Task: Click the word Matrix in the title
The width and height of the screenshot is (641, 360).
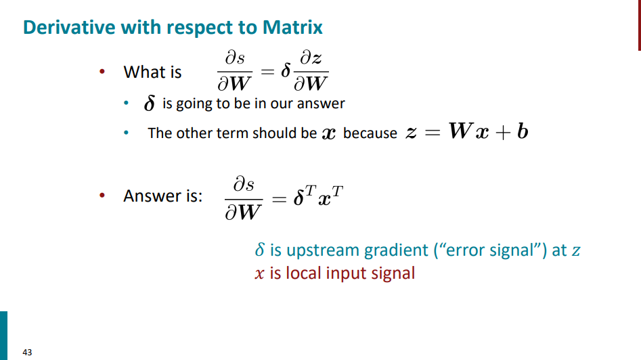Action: (x=292, y=27)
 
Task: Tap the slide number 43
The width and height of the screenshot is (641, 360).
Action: (x=27, y=353)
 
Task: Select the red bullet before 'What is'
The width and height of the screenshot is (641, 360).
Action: (x=102, y=72)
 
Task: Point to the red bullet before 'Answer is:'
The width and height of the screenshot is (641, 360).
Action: (x=102, y=196)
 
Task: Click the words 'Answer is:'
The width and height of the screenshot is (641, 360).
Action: (x=162, y=196)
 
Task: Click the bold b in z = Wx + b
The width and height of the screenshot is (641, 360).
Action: (x=523, y=131)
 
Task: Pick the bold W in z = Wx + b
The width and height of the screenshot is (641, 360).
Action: (x=461, y=131)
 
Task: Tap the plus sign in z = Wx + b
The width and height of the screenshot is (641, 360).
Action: (x=503, y=133)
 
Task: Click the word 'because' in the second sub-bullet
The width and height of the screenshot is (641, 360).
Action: (x=370, y=133)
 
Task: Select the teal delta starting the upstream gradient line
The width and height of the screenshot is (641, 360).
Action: (x=260, y=249)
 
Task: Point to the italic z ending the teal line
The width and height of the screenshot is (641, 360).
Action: (x=576, y=251)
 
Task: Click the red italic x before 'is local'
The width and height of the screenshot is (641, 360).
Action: (x=259, y=274)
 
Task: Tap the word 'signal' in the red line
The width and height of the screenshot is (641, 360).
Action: (x=393, y=273)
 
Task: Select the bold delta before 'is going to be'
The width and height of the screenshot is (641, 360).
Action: (x=150, y=103)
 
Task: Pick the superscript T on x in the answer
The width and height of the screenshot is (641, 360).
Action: (x=337, y=191)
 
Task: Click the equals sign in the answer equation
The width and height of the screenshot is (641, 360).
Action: (x=279, y=200)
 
